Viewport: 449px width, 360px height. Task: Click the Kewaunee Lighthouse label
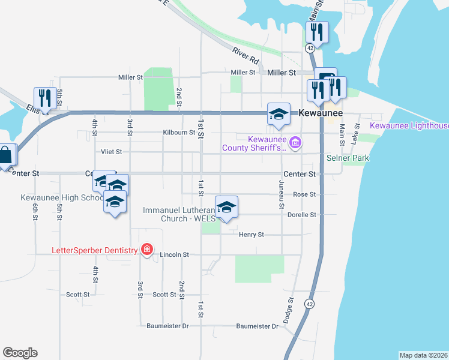tap(409, 126)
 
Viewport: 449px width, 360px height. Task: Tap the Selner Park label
tap(348, 158)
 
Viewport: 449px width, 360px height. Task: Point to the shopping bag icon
tap(6, 155)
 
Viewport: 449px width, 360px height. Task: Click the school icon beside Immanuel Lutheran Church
tap(226, 207)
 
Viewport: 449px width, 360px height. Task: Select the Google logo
tap(20, 353)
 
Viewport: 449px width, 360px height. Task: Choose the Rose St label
tap(304, 194)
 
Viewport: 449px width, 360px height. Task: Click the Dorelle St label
tap(302, 214)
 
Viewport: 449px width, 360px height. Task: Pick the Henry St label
tap(251, 235)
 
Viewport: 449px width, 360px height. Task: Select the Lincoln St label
tap(175, 254)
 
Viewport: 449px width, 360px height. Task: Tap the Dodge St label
tap(289, 312)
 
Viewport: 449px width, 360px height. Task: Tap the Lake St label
tap(356, 132)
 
